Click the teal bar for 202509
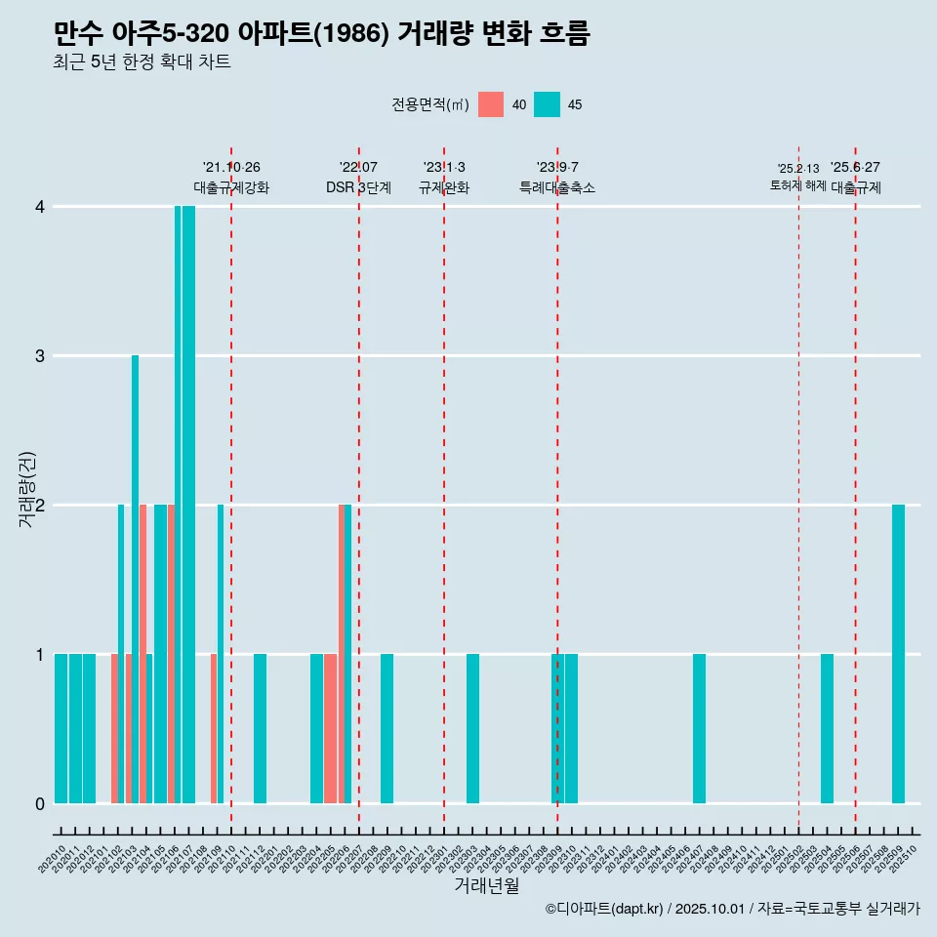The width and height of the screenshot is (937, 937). (898, 654)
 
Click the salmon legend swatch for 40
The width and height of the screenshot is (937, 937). (491, 104)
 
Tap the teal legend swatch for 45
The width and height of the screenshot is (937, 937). (547, 104)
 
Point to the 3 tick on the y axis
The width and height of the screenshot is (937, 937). (40, 356)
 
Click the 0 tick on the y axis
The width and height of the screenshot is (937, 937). (40, 804)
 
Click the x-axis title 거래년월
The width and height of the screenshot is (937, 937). (486, 886)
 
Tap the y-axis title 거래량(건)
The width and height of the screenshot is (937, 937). (27, 489)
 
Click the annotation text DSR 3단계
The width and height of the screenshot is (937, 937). (358, 188)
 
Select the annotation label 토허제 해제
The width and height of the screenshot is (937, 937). (797, 185)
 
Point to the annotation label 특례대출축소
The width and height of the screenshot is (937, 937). (556, 188)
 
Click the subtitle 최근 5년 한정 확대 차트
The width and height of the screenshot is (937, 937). (143, 62)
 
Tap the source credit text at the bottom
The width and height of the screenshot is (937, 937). (732, 909)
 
